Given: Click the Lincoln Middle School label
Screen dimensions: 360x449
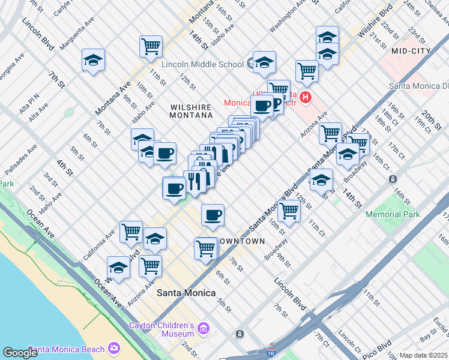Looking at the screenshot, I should (202, 64).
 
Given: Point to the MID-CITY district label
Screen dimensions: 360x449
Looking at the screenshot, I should (411, 52).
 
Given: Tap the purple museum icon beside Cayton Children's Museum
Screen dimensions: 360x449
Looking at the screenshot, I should (203, 329).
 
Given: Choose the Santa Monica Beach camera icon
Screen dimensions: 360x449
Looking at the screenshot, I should (114, 349).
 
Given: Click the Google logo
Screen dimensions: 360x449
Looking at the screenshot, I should (20, 353).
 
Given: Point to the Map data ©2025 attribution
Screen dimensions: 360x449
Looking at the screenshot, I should (423, 355).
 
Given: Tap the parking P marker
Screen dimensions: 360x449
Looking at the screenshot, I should (276, 104).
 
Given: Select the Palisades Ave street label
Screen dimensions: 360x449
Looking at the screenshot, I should (20, 160).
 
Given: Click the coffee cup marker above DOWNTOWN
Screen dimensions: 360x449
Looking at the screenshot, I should (212, 215).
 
